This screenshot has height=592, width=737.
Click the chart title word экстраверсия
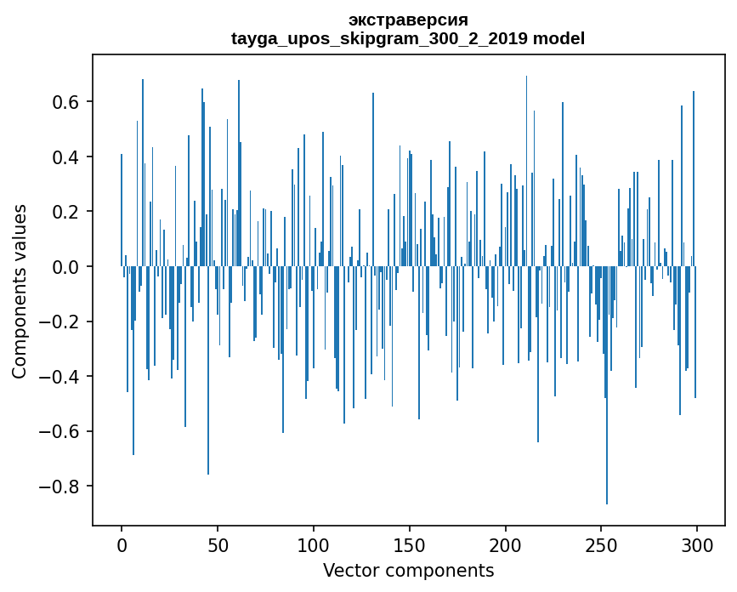coord(408,20)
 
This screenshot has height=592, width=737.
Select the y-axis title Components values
coord(20,292)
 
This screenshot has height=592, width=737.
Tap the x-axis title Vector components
coord(408,570)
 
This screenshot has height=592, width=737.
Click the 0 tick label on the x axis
coord(122,544)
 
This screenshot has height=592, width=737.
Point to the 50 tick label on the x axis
coord(218,544)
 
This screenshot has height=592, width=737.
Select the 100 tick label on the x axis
coord(314,544)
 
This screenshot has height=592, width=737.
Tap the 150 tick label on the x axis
coord(410,544)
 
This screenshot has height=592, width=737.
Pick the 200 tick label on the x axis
coord(506,544)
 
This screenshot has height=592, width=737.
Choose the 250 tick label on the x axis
coord(602,544)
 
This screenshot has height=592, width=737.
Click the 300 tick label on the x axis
coord(698,544)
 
